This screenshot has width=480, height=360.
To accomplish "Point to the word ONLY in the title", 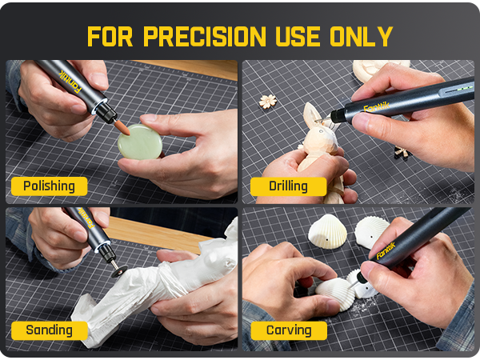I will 367,36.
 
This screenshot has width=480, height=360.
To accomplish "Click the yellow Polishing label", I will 49,186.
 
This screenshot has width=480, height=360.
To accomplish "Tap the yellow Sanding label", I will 48,330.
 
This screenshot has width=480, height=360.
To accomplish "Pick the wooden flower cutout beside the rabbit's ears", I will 268,102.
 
